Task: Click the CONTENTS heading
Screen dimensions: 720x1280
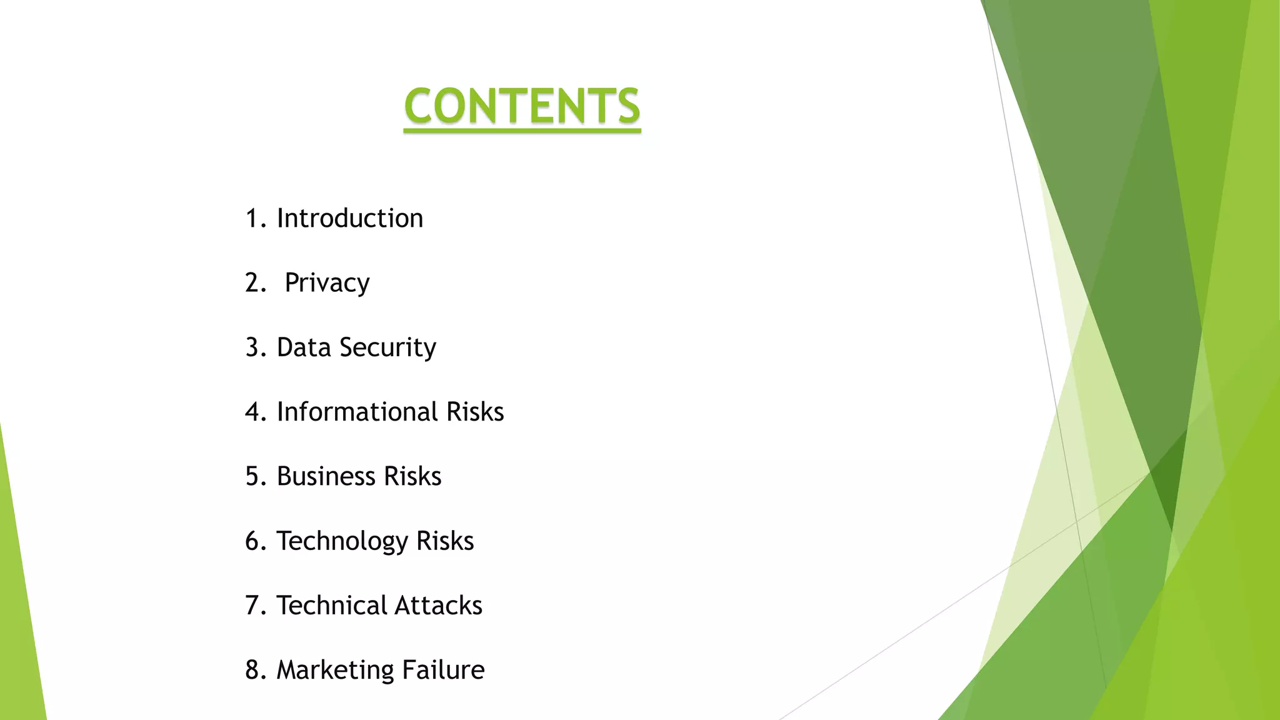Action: point(522,106)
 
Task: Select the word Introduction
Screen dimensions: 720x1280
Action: point(350,218)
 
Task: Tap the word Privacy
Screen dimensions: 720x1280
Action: point(327,283)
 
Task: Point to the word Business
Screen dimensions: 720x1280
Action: point(326,476)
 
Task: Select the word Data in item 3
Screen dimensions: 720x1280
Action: point(304,347)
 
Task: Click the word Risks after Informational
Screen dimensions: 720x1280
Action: point(475,412)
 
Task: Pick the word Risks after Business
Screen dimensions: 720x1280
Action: point(412,476)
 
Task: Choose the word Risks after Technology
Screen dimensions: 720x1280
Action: point(445,541)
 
